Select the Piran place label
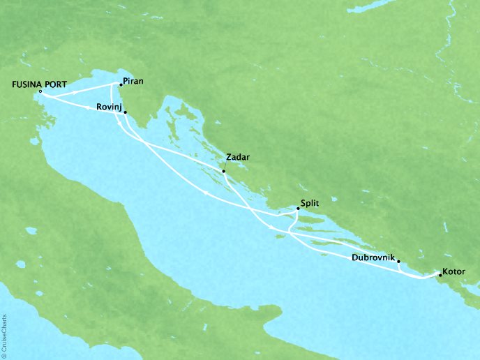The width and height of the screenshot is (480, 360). pyautogui.click(x=133, y=81)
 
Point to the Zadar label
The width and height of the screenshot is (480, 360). pyautogui.click(x=237, y=157)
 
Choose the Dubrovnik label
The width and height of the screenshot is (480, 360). pyautogui.click(x=370, y=257)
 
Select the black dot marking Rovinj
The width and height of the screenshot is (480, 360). pyautogui.click(x=125, y=111)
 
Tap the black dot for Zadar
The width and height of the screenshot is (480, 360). pyautogui.click(x=223, y=171)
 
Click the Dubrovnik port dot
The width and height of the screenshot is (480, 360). pyautogui.click(x=398, y=263)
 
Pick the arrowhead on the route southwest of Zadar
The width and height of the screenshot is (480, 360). pyautogui.click(x=210, y=193)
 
